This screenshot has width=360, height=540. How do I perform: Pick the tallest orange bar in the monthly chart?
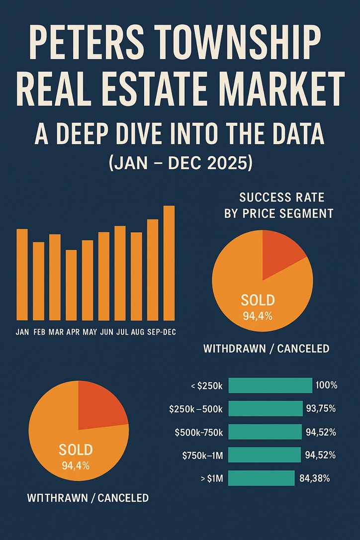169,263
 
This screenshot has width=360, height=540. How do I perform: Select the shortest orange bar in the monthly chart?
71,285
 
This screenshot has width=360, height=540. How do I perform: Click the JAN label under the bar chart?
22,332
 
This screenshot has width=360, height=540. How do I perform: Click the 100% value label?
326,385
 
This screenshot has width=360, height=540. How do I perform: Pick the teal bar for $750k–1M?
265,455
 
